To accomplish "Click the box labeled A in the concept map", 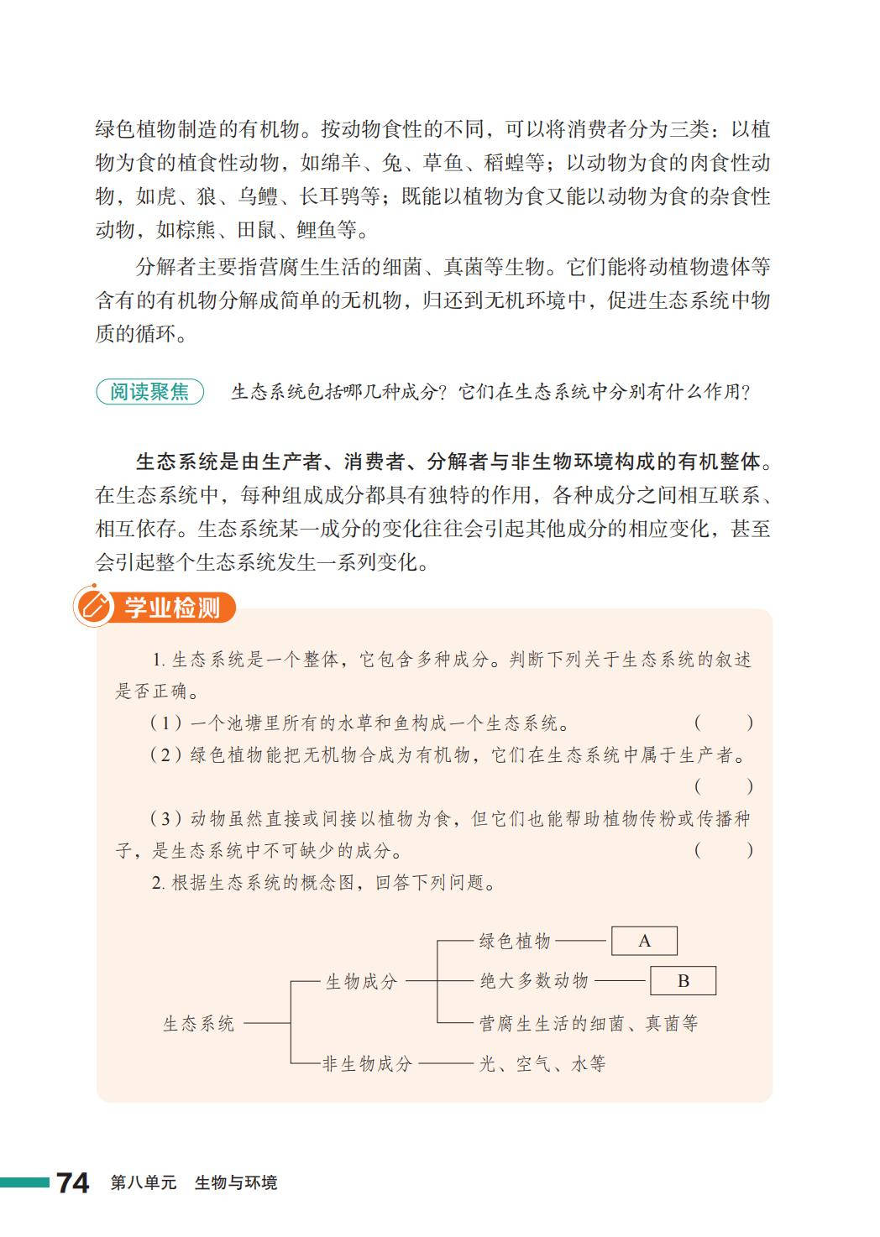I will [644, 941].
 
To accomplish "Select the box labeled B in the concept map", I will [684, 980].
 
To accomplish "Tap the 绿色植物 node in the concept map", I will [515, 941].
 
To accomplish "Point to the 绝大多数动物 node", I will [534, 980].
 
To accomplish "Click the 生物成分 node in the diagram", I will [361, 981].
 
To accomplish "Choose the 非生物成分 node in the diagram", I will [368, 1064].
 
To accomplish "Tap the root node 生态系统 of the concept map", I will [199, 1024].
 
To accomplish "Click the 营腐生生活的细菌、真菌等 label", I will [589, 1024].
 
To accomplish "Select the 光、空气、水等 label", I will [542, 1064].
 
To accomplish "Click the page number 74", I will [73, 1182].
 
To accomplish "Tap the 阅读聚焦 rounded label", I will [150, 392].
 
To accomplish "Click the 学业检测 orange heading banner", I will [172, 608].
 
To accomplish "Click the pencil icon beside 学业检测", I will [93, 607].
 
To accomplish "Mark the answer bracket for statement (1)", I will [723, 723].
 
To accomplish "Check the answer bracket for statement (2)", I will [723, 786].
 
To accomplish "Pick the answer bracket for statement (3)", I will [723, 850].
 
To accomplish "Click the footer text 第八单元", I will [144, 1183].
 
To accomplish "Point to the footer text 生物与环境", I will [235, 1183].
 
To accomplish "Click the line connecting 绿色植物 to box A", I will [581, 941].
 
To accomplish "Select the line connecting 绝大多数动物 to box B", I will [620, 980].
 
